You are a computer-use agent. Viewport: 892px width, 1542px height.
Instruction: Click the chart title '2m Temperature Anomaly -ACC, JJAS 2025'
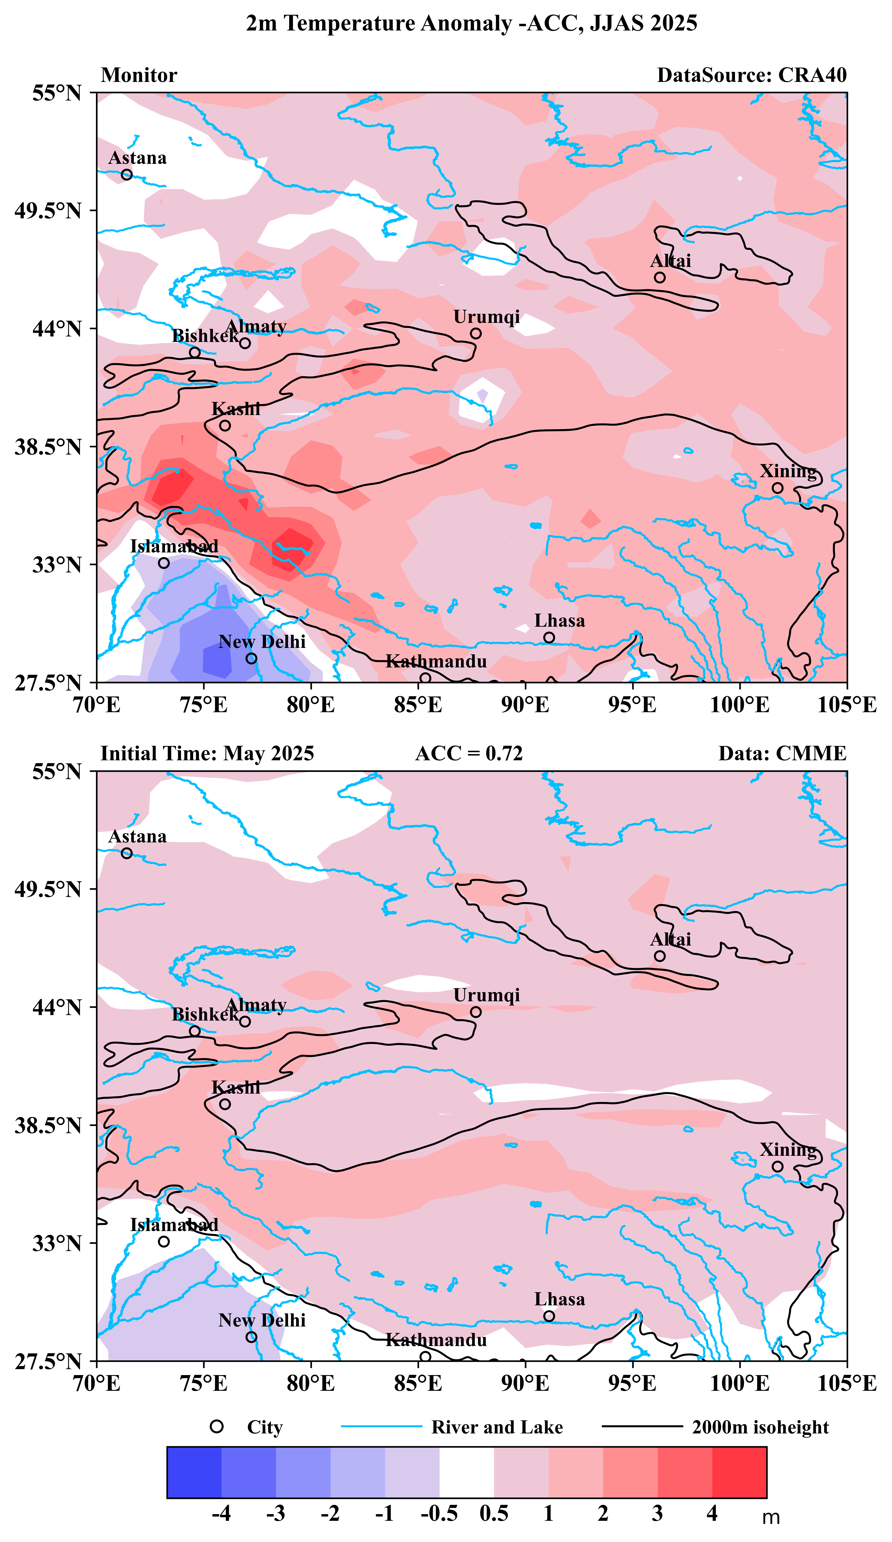pyautogui.click(x=471, y=23)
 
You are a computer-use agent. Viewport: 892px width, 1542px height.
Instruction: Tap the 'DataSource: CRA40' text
pyautogui.click(x=751, y=75)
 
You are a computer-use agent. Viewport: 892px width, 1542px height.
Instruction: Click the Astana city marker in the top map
pyautogui.click(x=127, y=174)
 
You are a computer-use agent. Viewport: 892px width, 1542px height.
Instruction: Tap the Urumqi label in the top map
pyautogui.click(x=486, y=317)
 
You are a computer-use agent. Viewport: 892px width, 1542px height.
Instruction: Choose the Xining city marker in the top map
pyautogui.click(x=777, y=488)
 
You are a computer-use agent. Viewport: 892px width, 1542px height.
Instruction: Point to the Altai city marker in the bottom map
pyautogui.click(x=659, y=956)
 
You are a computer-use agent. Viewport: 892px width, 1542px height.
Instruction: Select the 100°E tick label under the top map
pyautogui.click(x=739, y=705)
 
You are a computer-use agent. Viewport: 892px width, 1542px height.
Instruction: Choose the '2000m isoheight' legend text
pyautogui.click(x=760, y=1427)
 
